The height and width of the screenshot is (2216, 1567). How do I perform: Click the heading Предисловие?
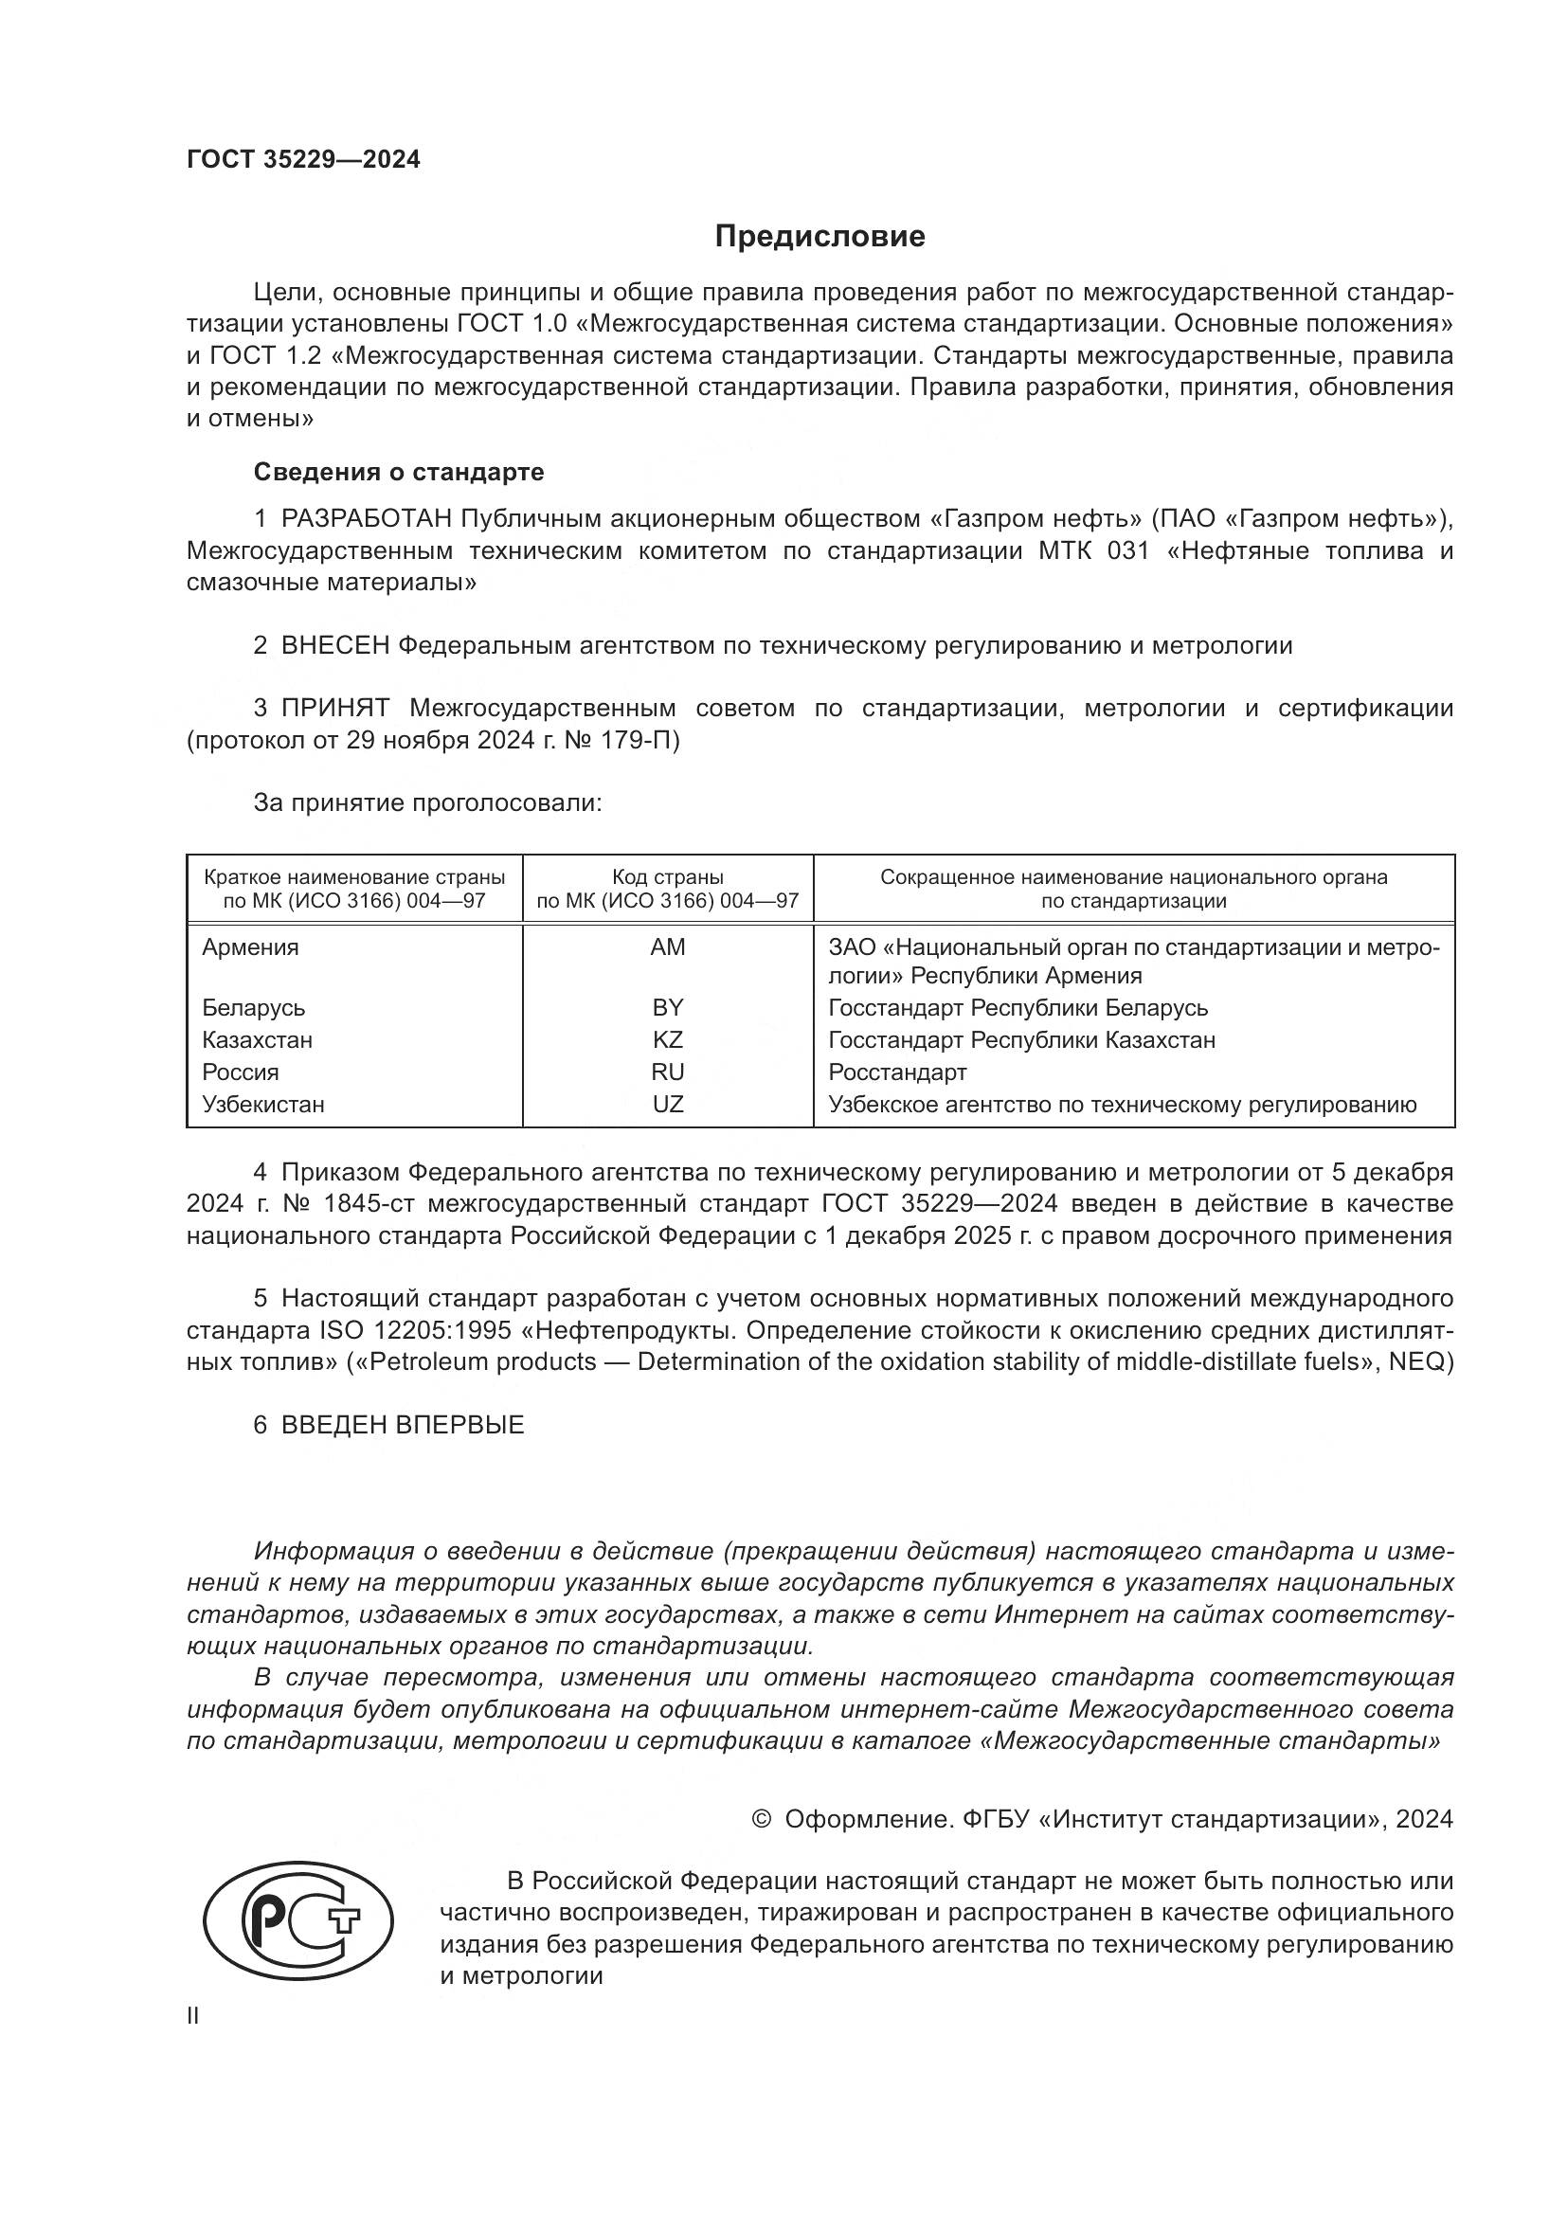820,237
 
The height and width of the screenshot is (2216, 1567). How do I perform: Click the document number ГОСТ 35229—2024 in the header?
303,160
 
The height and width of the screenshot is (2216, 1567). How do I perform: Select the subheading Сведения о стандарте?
399,472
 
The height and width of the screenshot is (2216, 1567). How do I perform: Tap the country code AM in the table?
668,946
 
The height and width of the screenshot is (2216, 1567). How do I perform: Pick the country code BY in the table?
668,1008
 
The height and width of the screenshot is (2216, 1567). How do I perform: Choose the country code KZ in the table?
668,1039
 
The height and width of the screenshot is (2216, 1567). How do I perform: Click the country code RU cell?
668,1072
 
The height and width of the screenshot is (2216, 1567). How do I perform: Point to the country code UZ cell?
668,1104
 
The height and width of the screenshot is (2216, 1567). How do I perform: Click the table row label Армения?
251,946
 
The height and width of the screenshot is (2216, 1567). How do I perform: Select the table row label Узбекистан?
263,1104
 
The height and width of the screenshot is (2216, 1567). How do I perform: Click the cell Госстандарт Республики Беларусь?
1018,1008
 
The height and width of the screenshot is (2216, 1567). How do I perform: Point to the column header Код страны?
668,877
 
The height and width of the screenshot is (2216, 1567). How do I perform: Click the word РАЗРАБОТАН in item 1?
367,519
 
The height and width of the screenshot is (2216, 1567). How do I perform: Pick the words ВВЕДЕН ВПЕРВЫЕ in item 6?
403,1426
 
